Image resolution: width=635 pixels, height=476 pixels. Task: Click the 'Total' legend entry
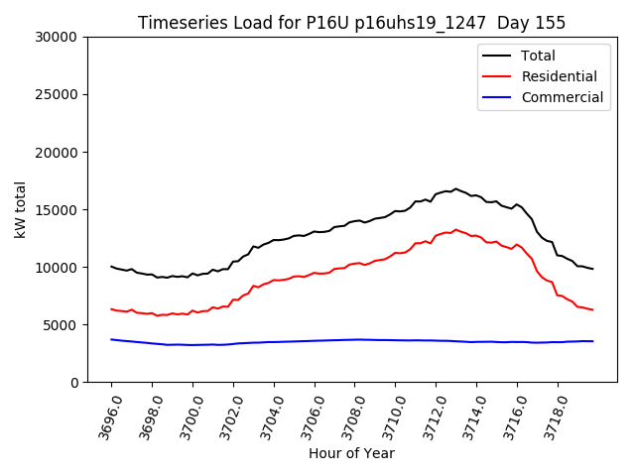538,56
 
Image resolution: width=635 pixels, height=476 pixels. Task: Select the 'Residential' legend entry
559,76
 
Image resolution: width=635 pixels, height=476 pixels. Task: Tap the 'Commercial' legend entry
562,97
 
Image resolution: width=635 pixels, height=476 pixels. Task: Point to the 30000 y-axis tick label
57,37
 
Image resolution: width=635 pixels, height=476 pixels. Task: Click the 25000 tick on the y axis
57,94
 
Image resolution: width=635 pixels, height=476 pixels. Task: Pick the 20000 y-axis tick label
57,152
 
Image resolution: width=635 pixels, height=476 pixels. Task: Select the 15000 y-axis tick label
57,209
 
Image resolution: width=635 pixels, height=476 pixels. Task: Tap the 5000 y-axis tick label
61,324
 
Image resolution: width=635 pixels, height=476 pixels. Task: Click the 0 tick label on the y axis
74,382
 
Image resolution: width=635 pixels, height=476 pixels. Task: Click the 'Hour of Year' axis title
351,453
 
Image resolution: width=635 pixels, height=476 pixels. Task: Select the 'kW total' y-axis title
20,209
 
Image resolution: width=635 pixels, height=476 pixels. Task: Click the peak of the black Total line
455,188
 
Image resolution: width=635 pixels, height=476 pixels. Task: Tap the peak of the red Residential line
455,230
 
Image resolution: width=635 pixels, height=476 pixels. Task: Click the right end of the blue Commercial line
592,341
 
